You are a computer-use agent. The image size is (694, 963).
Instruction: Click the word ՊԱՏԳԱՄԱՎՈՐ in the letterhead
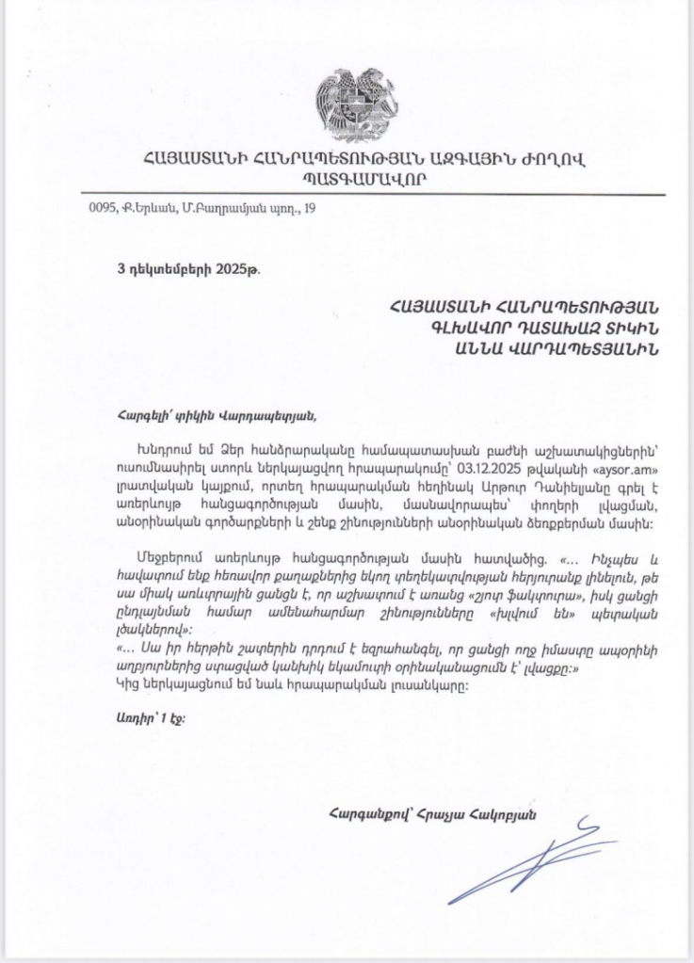[347, 178]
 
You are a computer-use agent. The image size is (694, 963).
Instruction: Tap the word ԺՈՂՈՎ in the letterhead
[554, 157]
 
